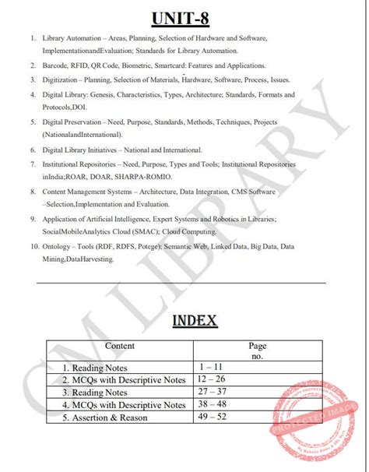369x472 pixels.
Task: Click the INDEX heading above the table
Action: click(184, 319)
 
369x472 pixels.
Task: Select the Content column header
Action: click(120, 346)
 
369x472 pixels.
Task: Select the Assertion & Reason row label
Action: click(111, 417)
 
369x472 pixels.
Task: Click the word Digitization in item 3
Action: click(64, 80)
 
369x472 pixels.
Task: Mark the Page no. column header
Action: click(257, 350)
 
